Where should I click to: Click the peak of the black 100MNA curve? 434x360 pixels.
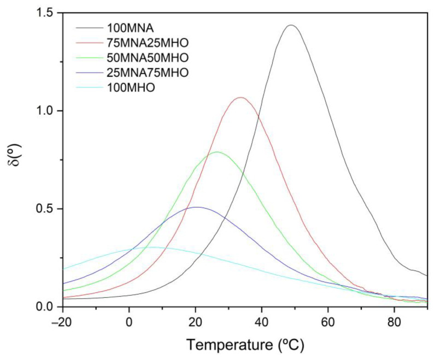coord(291,25)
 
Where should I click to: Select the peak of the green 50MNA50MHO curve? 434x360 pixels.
coord(218,152)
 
